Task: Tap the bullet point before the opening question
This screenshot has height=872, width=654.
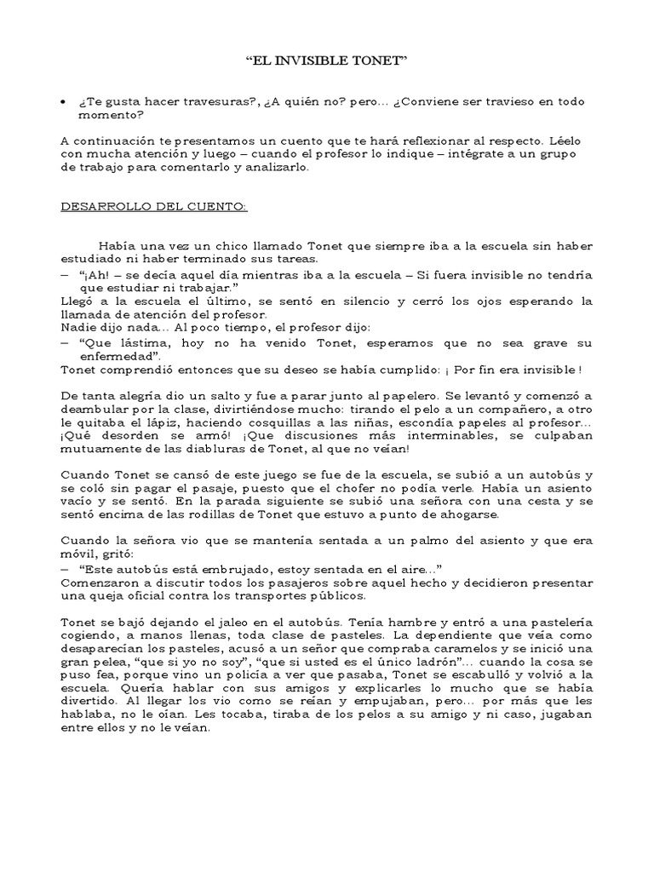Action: [65, 101]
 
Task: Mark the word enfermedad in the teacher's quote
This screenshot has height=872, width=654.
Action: [105, 355]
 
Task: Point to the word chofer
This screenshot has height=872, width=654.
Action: [360, 489]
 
